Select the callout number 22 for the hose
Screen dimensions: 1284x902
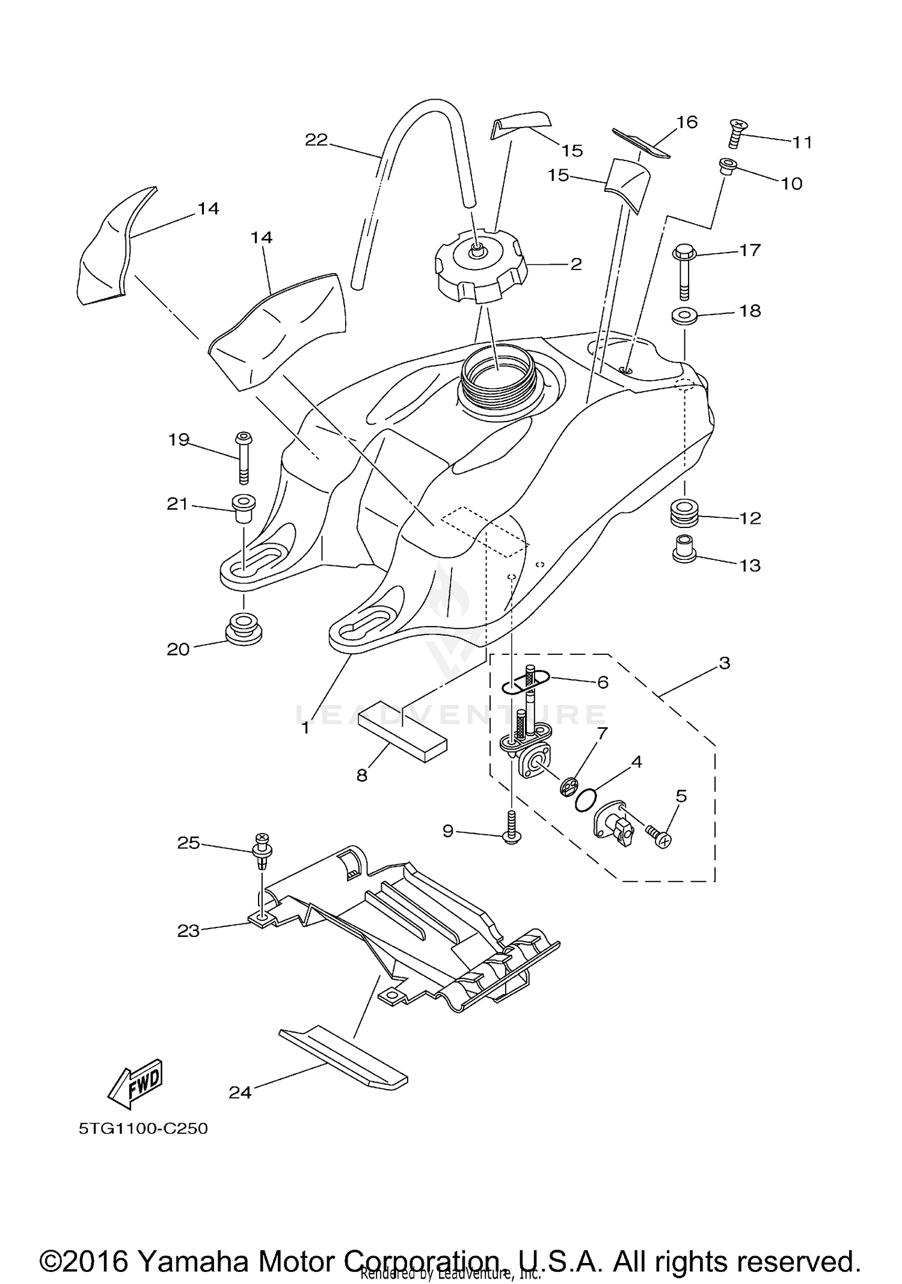click(316, 140)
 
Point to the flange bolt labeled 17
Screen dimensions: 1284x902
click(684, 271)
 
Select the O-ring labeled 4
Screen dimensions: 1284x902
click(585, 800)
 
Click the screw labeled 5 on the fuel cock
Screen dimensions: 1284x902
click(660, 837)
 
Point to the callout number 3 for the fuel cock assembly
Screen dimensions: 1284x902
click(725, 663)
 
